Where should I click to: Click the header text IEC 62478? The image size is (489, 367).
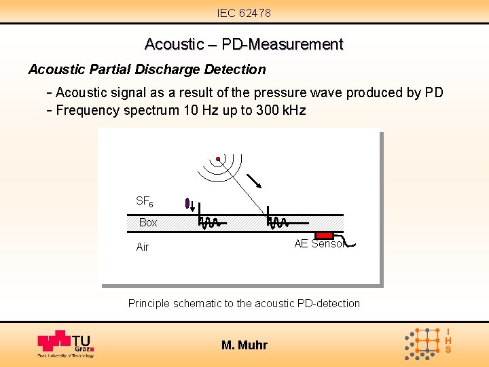point(244,13)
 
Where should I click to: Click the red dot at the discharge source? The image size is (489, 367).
point(218,160)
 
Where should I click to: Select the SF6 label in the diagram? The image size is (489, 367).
point(145,201)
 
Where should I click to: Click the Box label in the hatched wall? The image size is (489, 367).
point(148,223)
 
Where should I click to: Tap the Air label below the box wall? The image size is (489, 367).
point(142,247)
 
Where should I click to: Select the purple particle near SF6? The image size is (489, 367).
point(187,203)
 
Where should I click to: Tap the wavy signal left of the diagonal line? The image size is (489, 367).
point(208,220)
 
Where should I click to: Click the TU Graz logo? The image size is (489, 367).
point(65,344)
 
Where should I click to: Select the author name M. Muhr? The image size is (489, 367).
point(244,345)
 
